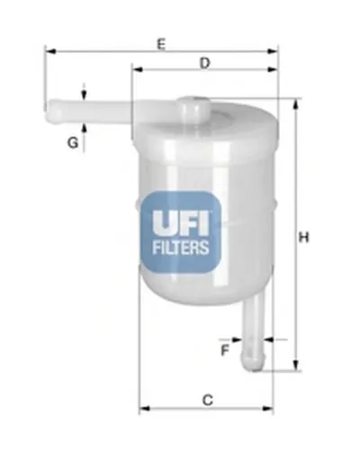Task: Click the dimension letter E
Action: point(161,41)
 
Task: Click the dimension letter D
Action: point(205,63)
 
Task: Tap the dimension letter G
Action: point(71,142)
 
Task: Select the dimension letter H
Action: point(304,237)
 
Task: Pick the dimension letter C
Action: point(207,399)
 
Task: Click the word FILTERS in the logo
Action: point(179,246)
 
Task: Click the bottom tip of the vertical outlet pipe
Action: point(256,362)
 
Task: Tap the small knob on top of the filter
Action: point(192,104)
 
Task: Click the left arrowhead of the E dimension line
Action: point(49,51)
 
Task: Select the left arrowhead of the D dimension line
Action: point(136,68)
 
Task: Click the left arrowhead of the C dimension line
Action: point(143,410)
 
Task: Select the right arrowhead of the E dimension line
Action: point(274,51)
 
